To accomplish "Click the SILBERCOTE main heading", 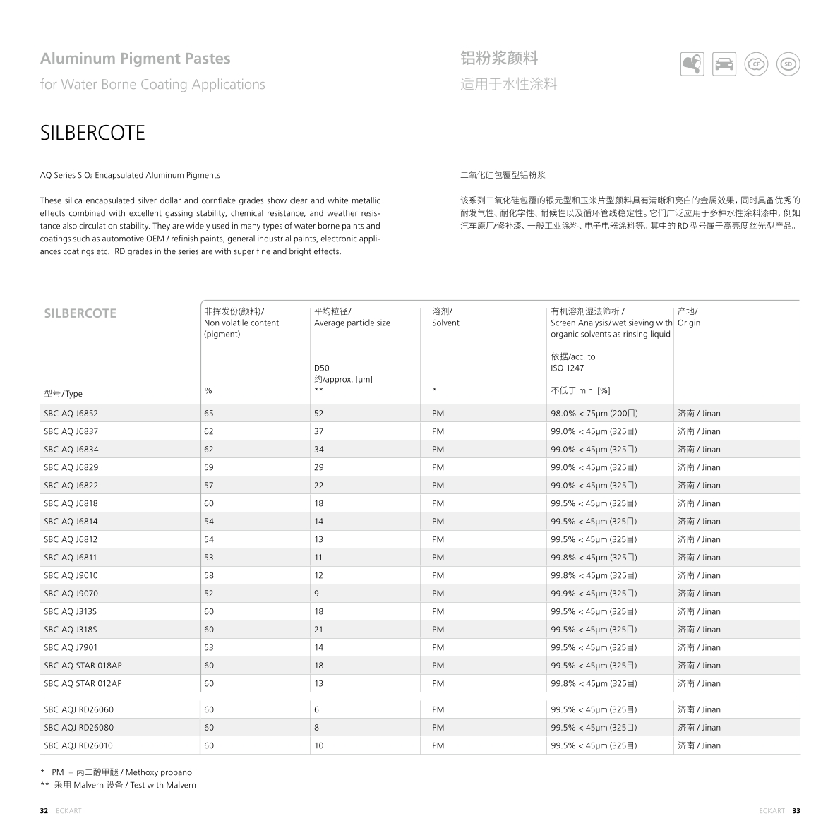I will tap(92, 133).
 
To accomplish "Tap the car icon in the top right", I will tap(724, 64).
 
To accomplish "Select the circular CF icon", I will tap(756, 64).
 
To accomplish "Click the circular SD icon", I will tap(788, 64).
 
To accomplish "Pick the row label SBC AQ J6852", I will tap(71, 414).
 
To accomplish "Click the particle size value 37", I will tap(319, 431).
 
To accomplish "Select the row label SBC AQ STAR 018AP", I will tap(83, 666).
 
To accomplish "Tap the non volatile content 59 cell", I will tap(209, 467).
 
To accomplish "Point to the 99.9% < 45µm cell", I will tap(594, 594).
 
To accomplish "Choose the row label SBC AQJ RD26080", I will tap(78, 728).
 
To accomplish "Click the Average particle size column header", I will tap(352, 323).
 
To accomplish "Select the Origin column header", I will tap(689, 323).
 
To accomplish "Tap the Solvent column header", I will tap(445, 323).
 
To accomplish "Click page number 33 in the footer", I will tap(796, 811).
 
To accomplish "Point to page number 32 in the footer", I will tap(44, 811).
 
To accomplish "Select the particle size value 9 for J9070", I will tap(316, 594).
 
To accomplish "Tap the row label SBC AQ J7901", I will tap(71, 647).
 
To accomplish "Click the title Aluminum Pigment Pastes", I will tap(135, 59).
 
